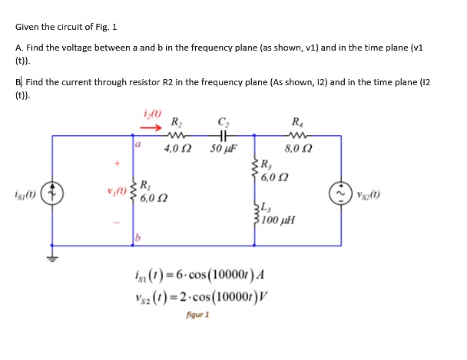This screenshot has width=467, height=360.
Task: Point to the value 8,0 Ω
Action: pyautogui.click(x=296, y=147)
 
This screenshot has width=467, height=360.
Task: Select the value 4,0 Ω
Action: pyautogui.click(x=176, y=147)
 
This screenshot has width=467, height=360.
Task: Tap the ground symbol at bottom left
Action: pyautogui.click(x=53, y=257)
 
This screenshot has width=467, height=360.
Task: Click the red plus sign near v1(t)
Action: pyautogui.click(x=118, y=163)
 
